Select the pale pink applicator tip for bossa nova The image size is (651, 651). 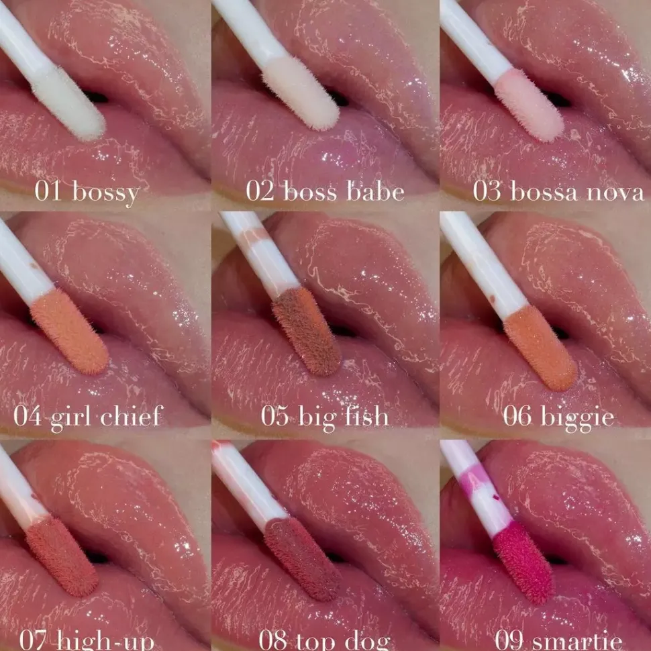pyautogui.click(x=530, y=104)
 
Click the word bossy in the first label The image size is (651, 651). pyautogui.click(x=105, y=193)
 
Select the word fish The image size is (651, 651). pyautogui.click(x=363, y=417)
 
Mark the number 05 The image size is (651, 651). pyautogui.click(x=276, y=417)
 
